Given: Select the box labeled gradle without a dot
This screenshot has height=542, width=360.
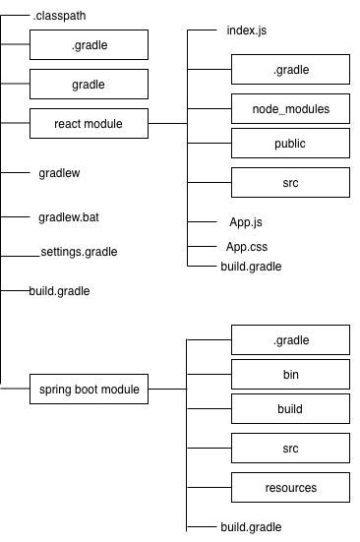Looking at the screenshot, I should point(89,85).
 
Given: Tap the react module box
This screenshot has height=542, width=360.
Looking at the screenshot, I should point(89,124).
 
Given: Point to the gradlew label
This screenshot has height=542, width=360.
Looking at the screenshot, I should point(59,172).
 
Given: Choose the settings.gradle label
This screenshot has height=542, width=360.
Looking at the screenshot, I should point(79,252).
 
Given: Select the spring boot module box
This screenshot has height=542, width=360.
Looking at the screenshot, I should point(89,390).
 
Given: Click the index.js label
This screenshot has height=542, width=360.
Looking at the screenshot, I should point(245,30).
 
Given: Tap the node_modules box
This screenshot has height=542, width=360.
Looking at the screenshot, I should point(290,109).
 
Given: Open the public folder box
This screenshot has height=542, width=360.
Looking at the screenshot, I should point(290,144).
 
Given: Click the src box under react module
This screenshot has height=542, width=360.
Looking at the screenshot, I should point(290,183).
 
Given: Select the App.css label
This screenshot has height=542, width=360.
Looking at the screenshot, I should point(247,246).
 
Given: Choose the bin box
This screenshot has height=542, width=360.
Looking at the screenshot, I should point(290,375).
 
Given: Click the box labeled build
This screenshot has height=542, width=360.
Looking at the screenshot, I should point(290,409).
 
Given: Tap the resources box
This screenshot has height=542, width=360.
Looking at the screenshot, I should point(290,487).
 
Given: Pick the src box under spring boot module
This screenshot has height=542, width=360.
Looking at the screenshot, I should point(290,449).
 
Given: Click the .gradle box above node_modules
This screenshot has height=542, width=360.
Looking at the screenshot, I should point(290,70).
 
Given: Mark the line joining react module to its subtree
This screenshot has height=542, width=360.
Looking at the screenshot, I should point(167,124).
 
